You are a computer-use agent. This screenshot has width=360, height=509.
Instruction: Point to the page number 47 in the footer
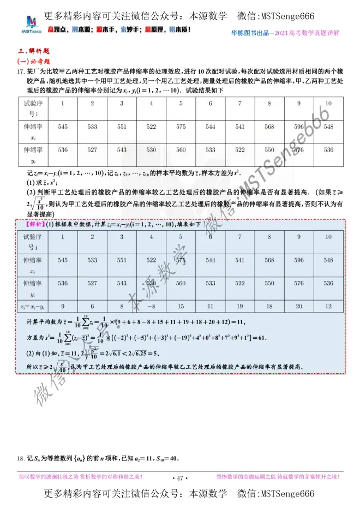tap(179, 478)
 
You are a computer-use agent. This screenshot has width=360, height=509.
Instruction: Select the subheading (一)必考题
tap(34, 61)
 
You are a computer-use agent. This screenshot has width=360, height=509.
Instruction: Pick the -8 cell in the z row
tap(151, 307)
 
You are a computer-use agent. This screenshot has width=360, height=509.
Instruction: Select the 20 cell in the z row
tap(299, 307)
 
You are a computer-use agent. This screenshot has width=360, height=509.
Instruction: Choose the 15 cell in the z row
tap(181, 307)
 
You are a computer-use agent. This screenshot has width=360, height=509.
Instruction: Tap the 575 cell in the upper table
tap(181, 127)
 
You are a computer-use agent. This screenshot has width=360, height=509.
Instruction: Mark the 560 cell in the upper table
tap(181, 149)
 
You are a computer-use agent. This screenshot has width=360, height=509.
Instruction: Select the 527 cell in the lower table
tap(92, 283)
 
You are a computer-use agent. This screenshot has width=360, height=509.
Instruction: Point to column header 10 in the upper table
tap(328, 103)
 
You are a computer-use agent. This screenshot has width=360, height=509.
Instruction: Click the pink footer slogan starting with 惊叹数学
tap(81, 477)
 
